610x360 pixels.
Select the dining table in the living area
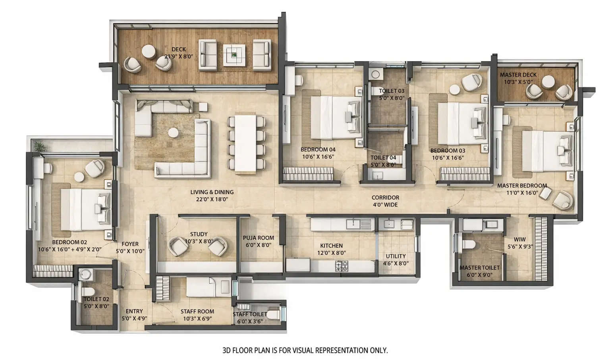[245, 143]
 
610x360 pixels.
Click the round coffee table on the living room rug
[173, 133]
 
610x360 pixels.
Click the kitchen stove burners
[342, 266]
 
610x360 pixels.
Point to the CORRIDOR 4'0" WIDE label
[385, 201]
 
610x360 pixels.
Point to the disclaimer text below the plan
[305, 350]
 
